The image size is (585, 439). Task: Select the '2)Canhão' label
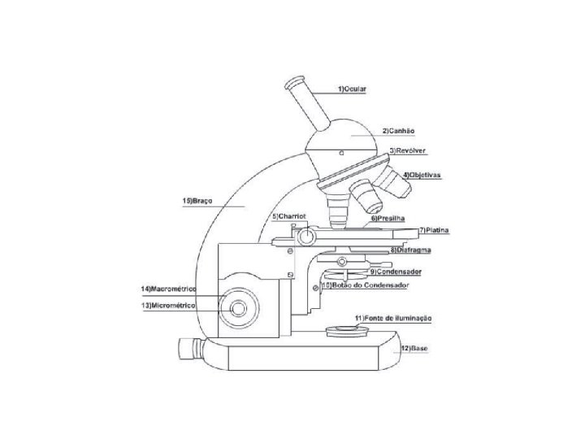coord(398,130)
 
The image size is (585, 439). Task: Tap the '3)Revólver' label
coord(408,151)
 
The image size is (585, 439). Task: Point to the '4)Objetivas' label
coord(422,175)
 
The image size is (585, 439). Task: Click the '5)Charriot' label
coord(288,216)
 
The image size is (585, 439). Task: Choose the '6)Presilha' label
coord(387,219)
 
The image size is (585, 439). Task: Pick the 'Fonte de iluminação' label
coord(392,318)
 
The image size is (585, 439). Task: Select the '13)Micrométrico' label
coord(169,305)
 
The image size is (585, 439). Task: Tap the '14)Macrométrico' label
coord(168,289)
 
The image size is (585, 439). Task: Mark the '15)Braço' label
coord(197,200)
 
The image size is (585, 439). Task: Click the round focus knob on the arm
coord(239,309)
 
